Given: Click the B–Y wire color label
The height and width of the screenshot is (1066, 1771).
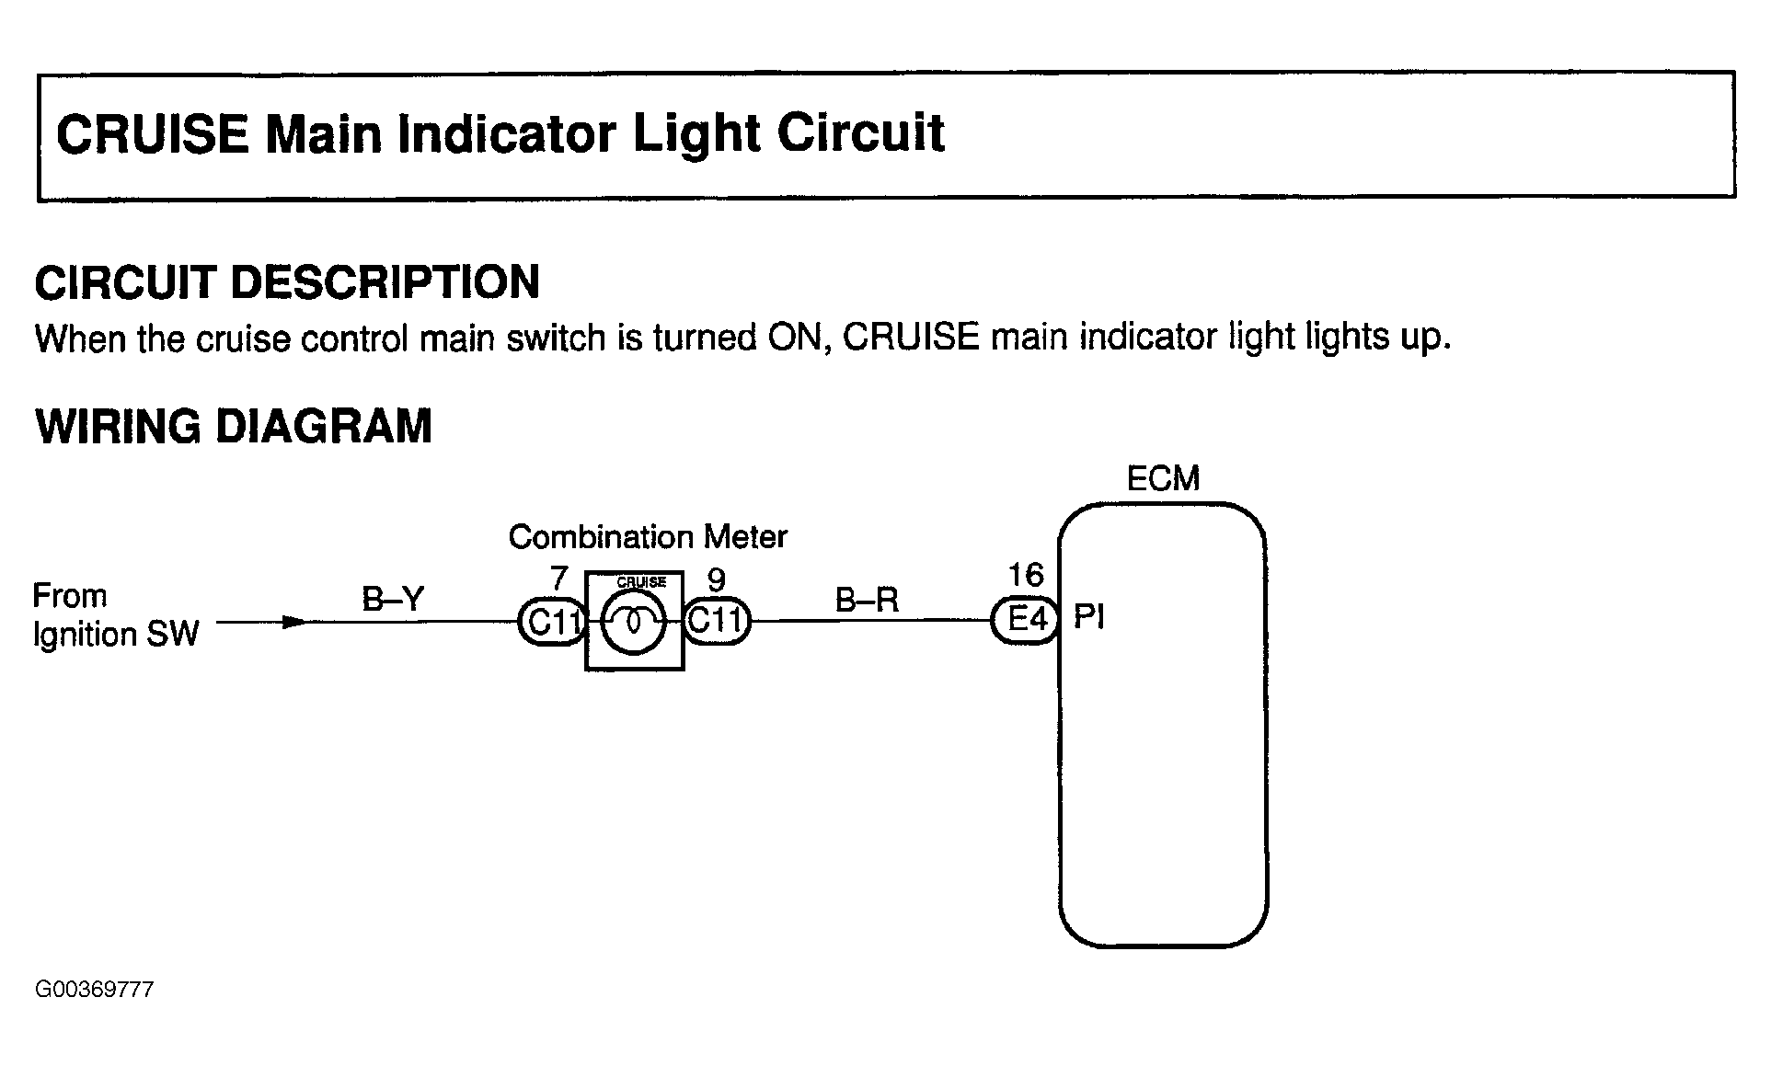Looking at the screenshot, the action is coord(393,600).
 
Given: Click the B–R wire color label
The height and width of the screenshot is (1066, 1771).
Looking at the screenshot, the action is coord(867,600).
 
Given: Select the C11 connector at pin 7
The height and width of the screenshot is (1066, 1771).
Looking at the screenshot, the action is coord(552,623).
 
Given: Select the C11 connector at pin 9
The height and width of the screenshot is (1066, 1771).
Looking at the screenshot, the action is coord(717,621).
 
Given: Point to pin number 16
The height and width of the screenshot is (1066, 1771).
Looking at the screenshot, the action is coord(1026,576).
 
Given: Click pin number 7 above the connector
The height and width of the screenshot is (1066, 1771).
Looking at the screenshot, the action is coord(558,579).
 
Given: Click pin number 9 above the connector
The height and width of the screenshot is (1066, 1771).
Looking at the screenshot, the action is coord(716,579).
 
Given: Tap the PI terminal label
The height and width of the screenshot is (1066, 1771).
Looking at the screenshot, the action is coord(1089,617).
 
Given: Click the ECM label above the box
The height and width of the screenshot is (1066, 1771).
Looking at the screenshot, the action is coord(1163,479).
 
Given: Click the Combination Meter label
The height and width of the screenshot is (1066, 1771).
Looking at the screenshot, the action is coord(648,537).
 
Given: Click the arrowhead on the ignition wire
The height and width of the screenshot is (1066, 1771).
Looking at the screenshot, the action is coord(293,622).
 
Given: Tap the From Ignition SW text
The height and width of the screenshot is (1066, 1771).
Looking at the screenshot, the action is coord(116,615).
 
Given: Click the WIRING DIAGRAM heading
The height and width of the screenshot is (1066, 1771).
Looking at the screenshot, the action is coord(234,427).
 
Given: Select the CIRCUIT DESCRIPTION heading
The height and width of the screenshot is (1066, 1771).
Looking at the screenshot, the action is coord(287,282).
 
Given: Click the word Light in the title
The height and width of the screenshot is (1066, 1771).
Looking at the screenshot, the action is coord(696,133).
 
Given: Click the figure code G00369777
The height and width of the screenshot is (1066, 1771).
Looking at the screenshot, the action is coord(94,990).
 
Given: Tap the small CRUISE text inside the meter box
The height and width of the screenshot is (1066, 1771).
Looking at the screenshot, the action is coord(641,582).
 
